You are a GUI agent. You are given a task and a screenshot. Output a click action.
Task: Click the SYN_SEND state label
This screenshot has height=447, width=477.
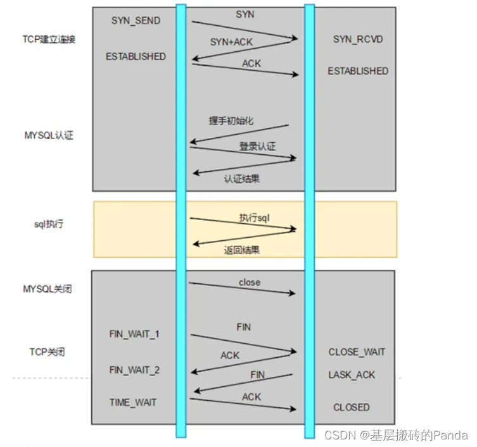[136, 21]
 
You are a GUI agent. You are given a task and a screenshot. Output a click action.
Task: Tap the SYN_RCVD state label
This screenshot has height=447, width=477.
[358, 40]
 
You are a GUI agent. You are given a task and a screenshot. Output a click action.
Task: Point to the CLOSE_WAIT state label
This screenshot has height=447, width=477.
[357, 352]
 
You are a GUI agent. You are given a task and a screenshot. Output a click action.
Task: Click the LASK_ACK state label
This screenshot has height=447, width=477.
[352, 375]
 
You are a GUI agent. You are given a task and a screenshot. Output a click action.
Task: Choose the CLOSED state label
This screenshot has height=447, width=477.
[352, 407]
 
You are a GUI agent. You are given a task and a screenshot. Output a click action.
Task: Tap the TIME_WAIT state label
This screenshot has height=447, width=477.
[132, 402]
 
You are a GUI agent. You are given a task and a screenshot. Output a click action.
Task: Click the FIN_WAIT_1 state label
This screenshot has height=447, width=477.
[134, 333]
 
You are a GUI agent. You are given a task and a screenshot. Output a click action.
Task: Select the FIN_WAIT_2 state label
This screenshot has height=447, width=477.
[134, 369]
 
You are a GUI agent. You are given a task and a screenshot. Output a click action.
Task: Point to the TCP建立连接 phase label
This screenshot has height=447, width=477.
[49, 40]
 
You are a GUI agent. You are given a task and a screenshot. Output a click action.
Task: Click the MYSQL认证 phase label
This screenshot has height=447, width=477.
[49, 135]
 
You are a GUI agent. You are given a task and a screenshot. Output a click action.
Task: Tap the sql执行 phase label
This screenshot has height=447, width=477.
[49, 224]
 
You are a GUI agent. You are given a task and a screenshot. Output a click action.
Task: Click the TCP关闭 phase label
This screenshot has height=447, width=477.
[48, 352]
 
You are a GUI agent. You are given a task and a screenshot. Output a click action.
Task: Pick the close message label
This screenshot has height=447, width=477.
[249, 283]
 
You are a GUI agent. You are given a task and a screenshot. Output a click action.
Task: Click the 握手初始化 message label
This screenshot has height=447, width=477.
[231, 121]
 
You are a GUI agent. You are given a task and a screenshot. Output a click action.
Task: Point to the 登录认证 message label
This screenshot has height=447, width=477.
[257, 147]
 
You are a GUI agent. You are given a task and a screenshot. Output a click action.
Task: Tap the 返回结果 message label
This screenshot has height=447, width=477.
[241, 250]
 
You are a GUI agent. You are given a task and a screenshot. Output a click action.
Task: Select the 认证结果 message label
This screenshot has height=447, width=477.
[241, 179]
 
